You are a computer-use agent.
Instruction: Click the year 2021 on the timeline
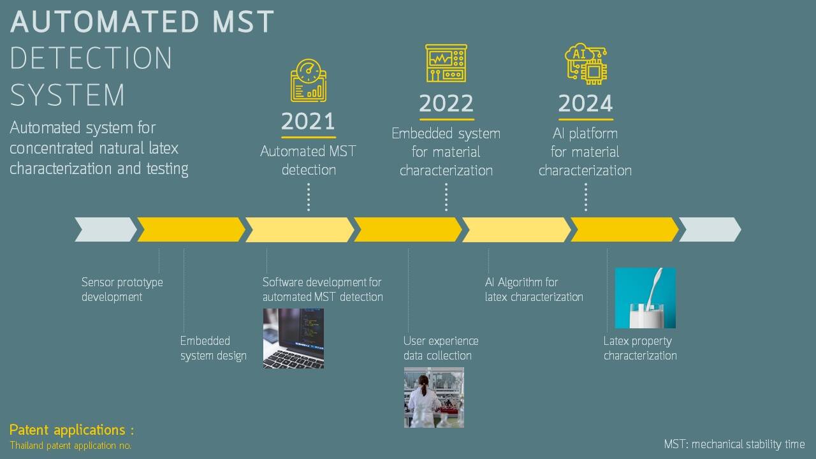pyautogui.click(x=308, y=121)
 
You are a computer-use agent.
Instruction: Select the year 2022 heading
pyautogui.click(x=446, y=103)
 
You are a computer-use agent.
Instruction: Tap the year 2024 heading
pyautogui.click(x=585, y=103)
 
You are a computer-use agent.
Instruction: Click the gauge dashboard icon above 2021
pyautogui.click(x=309, y=80)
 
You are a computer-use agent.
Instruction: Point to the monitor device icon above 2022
pyautogui.click(x=446, y=63)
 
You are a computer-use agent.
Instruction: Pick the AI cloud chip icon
pyautogui.click(x=586, y=64)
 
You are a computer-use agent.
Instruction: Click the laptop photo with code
pyautogui.click(x=294, y=339)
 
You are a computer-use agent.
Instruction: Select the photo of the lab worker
pyautogui.click(x=434, y=397)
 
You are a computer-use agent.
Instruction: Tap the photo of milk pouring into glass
pyautogui.click(x=645, y=298)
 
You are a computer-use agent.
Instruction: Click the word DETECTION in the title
pyautogui.click(x=91, y=58)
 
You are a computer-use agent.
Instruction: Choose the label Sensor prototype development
pyautogui.click(x=122, y=289)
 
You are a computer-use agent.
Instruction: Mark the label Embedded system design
pyautogui.click(x=213, y=348)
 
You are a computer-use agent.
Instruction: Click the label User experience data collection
pyautogui.click(x=441, y=348)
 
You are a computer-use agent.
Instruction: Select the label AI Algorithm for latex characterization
pyautogui.click(x=534, y=289)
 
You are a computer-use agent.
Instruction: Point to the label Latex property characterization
pyautogui.click(x=640, y=348)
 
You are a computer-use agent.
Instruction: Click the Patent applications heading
pyautogui.click(x=72, y=430)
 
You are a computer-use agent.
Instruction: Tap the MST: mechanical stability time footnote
pyautogui.click(x=734, y=444)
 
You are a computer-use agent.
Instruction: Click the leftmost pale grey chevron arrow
pyautogui.click(x=106, y=229)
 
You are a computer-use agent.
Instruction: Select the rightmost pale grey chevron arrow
pyautogui.click(x=710, y=229)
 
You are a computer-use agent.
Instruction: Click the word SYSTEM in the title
pyautogui.click(x=68, y=95)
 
